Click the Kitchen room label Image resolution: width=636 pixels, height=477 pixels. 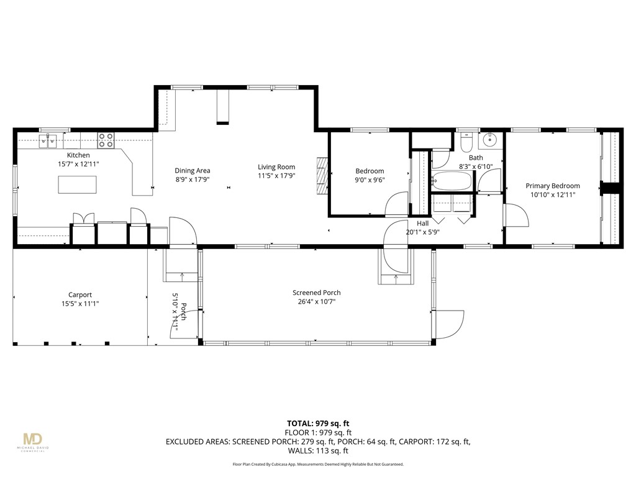(78, 155)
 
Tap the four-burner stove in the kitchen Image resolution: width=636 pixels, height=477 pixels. (106, 140)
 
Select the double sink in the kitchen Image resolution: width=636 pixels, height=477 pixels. (48, 142)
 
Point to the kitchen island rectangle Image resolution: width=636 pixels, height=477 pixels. (78, 184)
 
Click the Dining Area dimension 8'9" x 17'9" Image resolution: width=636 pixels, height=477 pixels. (192, 180)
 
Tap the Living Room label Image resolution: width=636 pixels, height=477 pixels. (276, 167)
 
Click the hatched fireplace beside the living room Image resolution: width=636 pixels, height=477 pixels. (321, 176)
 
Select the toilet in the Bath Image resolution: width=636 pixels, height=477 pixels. (468, 143)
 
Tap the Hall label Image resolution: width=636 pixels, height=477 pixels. (422, 224)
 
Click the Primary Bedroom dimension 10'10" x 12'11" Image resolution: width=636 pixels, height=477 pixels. (552, 195)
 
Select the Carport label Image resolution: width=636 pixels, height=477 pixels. (80, 295)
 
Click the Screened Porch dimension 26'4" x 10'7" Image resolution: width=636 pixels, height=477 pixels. (316, 302)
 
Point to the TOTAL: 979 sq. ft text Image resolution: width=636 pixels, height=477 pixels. (318, 423)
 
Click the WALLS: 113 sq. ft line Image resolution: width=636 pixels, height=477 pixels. (318, 451)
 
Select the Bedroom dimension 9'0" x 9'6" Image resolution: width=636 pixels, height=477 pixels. (369, 181)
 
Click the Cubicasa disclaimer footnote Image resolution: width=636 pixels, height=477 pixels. (318, 465)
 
